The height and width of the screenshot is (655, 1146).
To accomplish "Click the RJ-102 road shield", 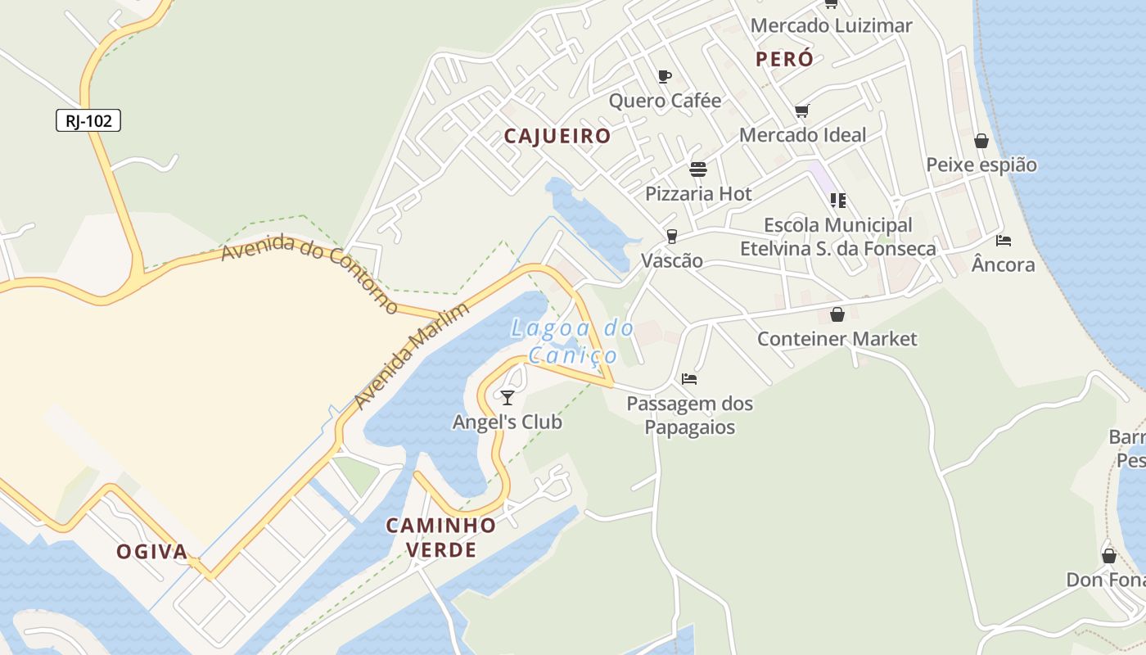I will click(88, 121).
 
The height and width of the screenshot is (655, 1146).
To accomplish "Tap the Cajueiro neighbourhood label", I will click(557, 136).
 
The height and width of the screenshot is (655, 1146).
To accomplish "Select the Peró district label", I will click(784, 59).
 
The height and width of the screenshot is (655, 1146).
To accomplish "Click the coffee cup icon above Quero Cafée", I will click(665, 77).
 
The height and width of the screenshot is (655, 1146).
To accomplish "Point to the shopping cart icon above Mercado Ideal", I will click(801, 111).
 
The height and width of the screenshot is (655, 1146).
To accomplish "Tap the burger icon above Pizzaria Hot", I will click(698, 169).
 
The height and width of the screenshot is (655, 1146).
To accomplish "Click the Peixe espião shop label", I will click(981, 165).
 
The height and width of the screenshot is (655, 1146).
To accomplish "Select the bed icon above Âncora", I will click(1004, 241).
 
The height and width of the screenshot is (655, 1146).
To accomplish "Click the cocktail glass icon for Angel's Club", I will click(508, 398).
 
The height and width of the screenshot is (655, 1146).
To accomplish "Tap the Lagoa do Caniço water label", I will click(572, 341).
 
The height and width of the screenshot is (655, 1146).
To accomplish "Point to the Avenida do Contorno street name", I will click(309, 273).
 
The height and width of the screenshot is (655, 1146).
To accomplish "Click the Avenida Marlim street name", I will click(412, 355).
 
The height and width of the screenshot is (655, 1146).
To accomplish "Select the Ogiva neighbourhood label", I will click(152, 552).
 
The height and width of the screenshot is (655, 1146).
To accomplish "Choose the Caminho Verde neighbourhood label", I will click(441, 537).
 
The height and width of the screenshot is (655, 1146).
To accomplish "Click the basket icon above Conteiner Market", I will click(837, 314).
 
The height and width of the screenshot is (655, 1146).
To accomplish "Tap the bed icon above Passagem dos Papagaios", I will click(689, 379).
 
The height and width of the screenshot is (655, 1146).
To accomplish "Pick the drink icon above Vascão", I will click(672, 237).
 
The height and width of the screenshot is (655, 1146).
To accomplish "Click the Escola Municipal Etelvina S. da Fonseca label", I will click(837, 237).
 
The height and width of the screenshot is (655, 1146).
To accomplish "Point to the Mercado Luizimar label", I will click(831, 25).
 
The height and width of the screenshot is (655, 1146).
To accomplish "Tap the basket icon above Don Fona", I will click(1109, 557).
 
